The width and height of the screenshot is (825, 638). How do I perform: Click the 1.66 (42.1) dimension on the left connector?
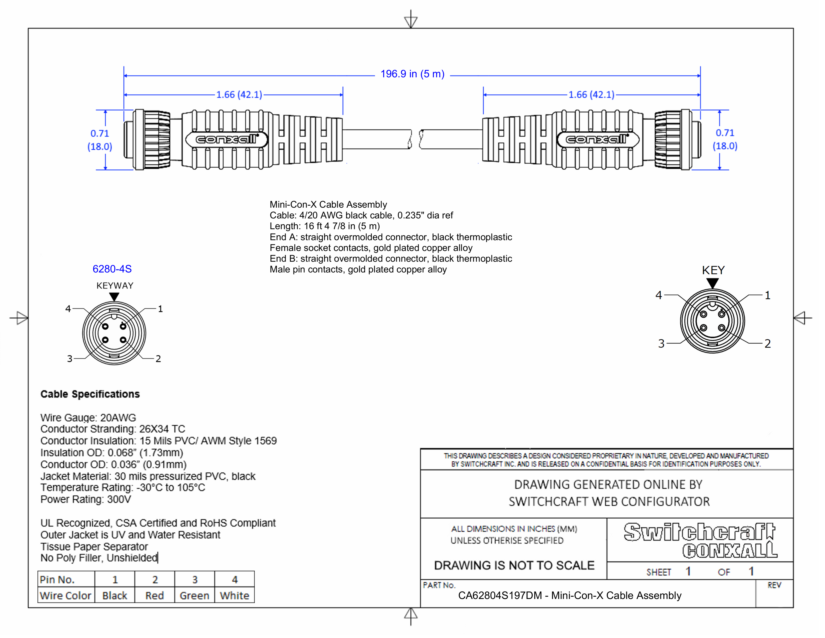pyautogui.click(x=239, y=95)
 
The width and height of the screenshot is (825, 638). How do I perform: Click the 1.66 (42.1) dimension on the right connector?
pyautogui.click(x=591, y=95)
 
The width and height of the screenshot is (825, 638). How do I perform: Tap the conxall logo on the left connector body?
pyautogui.click(x=226, y=139)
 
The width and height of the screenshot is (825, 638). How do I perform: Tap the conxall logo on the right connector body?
pyautogui.click(x=597, y=139)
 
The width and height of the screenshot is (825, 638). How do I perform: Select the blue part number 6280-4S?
pyautogui.click(x=112, y=269)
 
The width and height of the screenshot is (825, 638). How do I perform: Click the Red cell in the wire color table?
pyautogui.click(x=154, y=596)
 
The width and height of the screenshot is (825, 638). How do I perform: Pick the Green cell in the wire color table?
pyautogui.click(x=194, y=596)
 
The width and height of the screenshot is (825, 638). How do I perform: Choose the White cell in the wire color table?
pyautogui.click(x=234, y=596)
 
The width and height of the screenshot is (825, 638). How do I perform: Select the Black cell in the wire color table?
pyautogui.click(x=114, y=596)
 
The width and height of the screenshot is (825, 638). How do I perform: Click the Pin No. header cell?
pyautogui.click(x=57, y=579)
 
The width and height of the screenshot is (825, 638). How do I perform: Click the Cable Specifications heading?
pyautogui.click(x=90, y=394)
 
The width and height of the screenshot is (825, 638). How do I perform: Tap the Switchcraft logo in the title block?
pyautogui.click(x=699, y=532)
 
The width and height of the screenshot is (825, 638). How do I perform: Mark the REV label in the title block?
pyautogui.click(x=774, y=585)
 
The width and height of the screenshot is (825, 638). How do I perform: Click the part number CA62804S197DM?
pyautogui.click(x=500, y=596)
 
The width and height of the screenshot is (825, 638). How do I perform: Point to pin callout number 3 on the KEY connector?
pyautogui.click(x=661, y=344)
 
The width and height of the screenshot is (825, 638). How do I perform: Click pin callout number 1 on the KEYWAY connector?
pyautogui.click(x=160, y=309)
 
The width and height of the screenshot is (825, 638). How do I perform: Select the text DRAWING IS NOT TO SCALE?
pyautogui.click(x=514, y=565)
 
